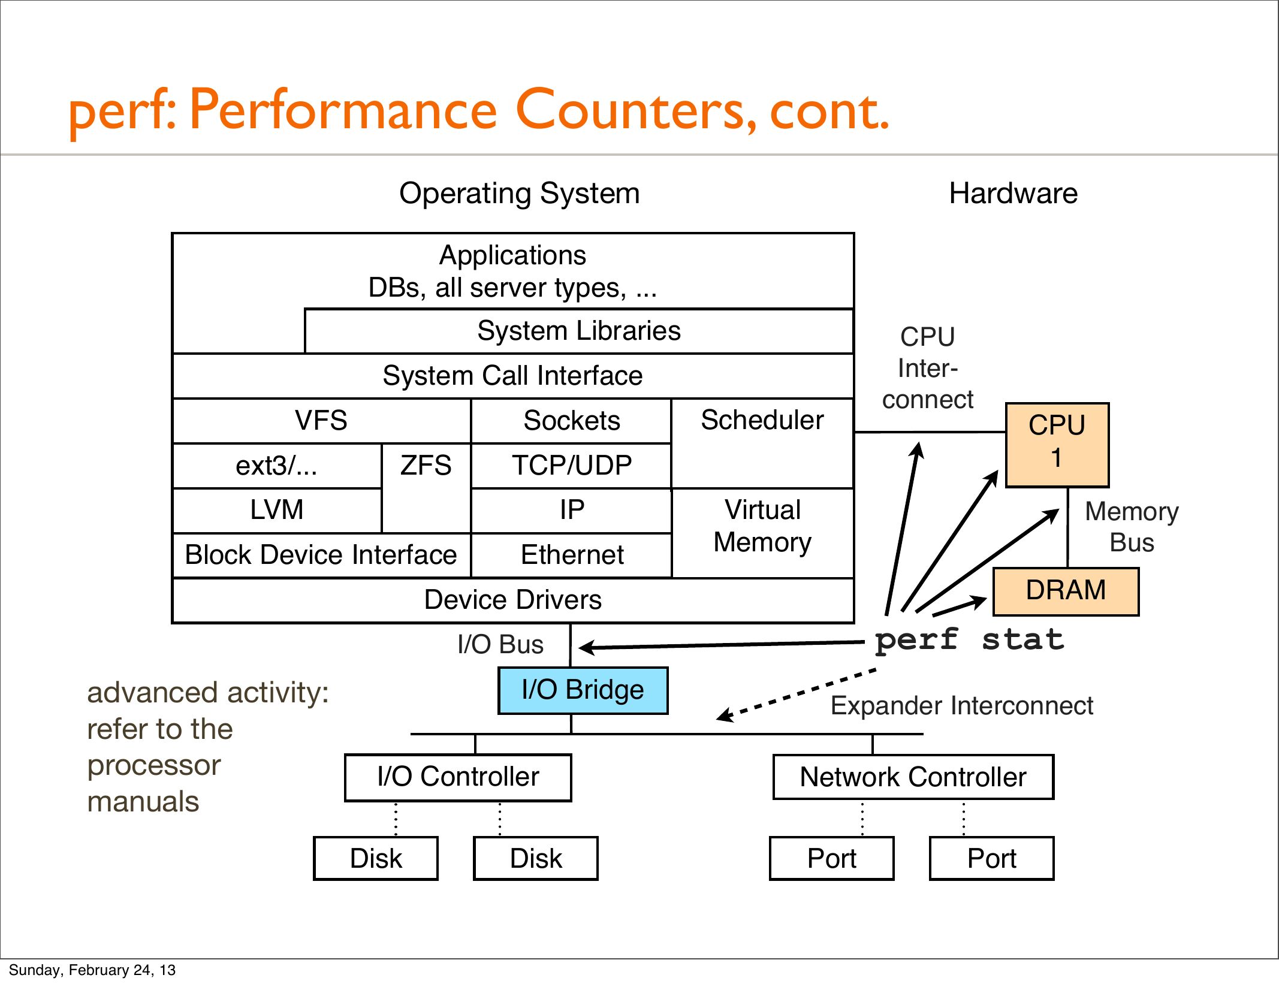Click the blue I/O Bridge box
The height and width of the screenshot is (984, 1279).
click(x=583, y=690)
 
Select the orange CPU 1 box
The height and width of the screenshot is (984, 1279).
click(x=1057, y=445)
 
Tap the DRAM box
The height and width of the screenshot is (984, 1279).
click(x=1066, y=591)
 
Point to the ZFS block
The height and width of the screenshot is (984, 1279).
click(x=426, y=466)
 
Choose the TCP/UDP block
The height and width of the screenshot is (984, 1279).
click(x=571, y=466)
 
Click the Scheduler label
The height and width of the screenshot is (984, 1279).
click(x=762, y=420)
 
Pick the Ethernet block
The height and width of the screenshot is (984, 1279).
click(x=572, y=555)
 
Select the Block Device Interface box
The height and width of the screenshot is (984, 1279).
click(x=321, y=555)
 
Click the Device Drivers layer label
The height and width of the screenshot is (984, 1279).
click(x=512, y=600)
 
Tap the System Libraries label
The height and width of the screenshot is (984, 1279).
click(x=578, y=331)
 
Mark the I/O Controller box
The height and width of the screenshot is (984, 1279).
click(x=458, y=777)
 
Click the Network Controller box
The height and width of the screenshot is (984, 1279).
click(x=913, y=777)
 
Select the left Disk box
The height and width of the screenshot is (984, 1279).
click(x=376, y=859)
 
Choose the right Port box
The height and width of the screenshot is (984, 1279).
click(x=991, y=859)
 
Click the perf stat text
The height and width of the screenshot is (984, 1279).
click(x=969, y=640)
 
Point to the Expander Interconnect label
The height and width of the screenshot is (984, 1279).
click(x=961, y=706)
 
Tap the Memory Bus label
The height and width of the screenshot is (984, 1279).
click(x=1131, y=527)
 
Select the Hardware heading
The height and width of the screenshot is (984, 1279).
click(x=1013, y=194)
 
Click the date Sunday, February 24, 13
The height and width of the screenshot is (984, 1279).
click(x=92, y=970)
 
